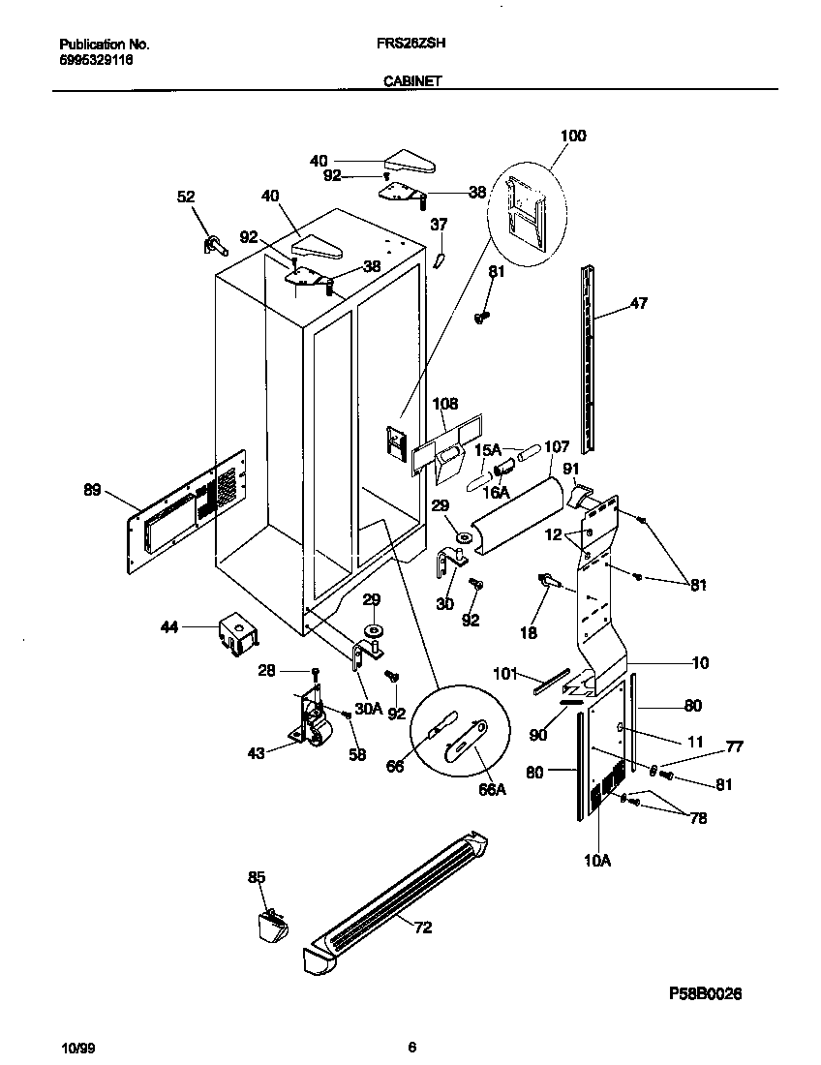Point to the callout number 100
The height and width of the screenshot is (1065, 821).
pos(573,137)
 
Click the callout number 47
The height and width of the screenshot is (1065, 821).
pos(638,303)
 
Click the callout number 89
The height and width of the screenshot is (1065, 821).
pos(92,491)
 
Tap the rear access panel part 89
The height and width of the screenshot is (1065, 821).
pos(184,508)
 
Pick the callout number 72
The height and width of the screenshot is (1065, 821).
pos(422,928)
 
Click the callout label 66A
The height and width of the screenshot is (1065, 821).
pos(493,789)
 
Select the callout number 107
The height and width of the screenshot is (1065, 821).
pos(557,447)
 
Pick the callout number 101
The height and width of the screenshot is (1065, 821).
pos(506,673)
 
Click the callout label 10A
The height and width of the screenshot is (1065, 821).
pos(597,859)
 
